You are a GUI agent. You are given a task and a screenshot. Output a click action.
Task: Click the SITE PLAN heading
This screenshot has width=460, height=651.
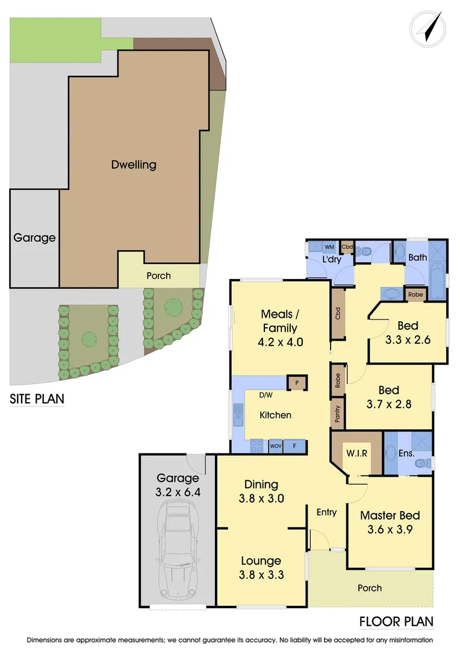37,399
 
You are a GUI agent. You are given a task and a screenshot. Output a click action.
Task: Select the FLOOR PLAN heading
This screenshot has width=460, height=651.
396,621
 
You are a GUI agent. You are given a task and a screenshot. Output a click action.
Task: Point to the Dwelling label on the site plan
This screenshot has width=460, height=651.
134,164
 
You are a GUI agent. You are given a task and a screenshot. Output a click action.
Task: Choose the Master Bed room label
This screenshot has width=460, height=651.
390,515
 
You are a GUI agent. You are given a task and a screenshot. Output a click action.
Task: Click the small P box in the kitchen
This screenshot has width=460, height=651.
297,383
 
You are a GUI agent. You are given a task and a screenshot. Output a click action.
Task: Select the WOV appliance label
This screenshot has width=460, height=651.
276,446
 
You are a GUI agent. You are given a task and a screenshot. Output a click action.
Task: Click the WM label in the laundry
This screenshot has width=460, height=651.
329,247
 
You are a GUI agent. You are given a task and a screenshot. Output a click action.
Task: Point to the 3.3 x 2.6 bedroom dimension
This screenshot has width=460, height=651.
408,339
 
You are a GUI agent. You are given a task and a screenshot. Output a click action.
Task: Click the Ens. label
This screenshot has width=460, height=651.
406,452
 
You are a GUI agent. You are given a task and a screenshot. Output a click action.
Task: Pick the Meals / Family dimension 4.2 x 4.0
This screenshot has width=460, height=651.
279,342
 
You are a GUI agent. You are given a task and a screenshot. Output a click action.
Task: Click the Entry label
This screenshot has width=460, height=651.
326,512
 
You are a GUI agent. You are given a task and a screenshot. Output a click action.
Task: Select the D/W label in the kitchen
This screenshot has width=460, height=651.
265,396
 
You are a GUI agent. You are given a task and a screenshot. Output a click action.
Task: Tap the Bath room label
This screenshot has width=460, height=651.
417,257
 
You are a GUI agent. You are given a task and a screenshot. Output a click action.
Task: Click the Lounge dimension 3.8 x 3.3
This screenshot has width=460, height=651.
261,574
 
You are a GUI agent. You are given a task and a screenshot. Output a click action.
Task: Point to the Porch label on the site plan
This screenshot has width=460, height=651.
158,275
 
